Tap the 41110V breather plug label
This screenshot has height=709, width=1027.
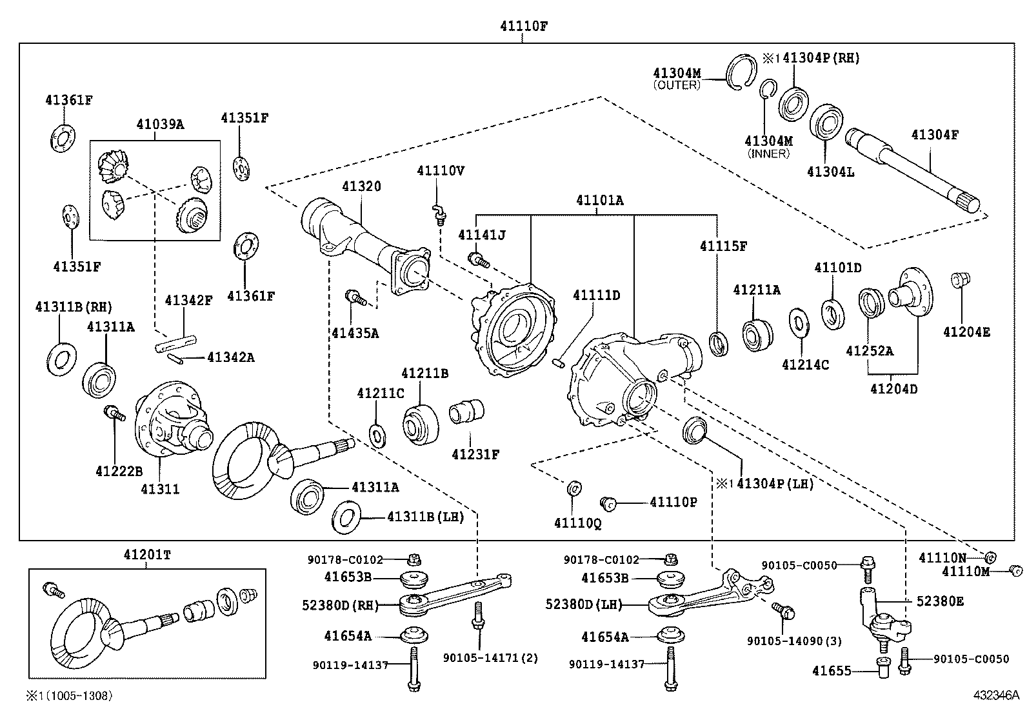coord(441,170)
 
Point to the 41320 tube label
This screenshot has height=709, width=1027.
coord(361,186)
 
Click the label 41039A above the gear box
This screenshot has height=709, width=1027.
coord(159,124)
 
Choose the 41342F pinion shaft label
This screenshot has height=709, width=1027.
coord(188,300)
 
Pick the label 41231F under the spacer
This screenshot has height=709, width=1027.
coord(475,454)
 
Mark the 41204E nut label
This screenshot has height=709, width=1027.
coord(966,332)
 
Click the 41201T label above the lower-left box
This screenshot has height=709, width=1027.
coord(148,554)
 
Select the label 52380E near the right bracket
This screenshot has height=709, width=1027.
coord(940,601)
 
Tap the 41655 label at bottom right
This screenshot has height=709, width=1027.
coord(832,671)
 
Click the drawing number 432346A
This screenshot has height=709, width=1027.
coord(996,695)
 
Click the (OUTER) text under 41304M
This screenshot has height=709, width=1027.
coord(676,85)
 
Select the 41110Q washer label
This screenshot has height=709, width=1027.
coord(577,523)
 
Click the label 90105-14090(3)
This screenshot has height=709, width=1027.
coord(795,641)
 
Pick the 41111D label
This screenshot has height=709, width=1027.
coord(597,295)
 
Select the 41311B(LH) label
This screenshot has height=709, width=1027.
coord(426,517)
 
